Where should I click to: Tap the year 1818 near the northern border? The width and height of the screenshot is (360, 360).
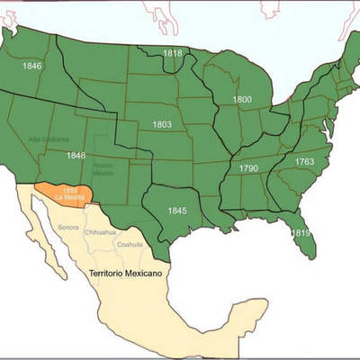[173, 54]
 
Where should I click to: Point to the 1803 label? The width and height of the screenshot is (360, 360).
[162, 123]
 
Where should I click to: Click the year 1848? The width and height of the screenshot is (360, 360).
[76, 155]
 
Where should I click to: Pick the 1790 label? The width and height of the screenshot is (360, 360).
[248, 168]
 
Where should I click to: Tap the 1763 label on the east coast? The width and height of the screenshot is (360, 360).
[304, 161]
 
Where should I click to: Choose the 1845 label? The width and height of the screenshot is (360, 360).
[177, 211]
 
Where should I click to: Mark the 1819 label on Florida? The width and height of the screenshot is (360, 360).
[300, 233]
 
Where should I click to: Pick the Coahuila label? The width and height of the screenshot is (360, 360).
[130, 244]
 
